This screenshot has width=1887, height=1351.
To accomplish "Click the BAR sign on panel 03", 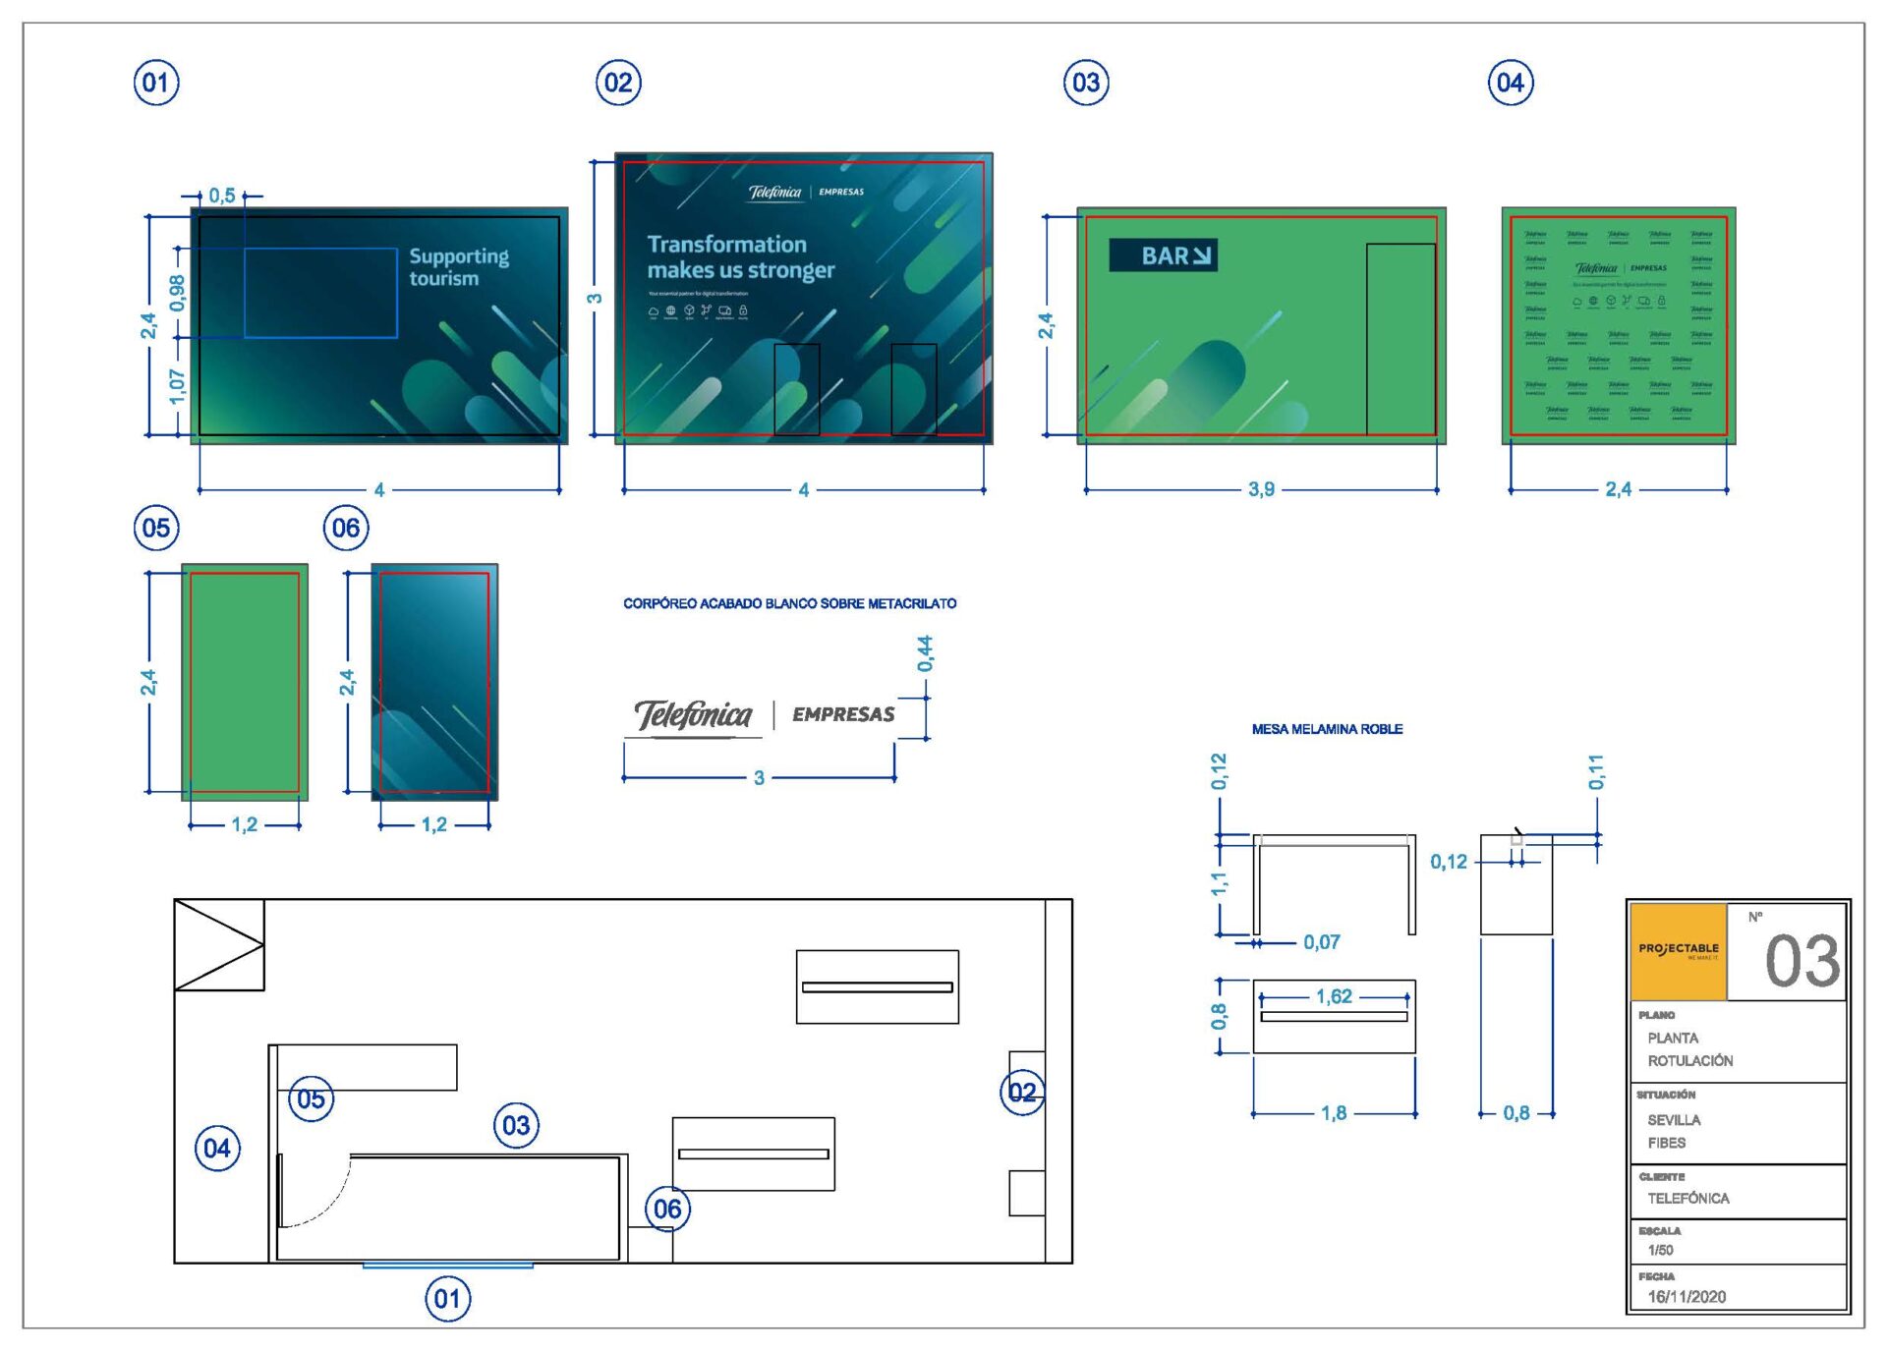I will point(1163,255).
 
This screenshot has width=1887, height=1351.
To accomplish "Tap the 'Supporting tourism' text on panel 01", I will point(458,267).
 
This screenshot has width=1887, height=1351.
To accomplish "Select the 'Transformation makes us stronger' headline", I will point(740,256).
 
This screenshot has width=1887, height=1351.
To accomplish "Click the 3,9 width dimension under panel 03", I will point(1261,489).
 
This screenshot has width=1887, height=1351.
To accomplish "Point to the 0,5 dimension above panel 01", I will point(222,196).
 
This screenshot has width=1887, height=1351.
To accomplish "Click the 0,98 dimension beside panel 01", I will point(177,293).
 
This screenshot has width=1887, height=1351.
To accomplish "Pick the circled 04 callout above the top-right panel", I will point(1510,83).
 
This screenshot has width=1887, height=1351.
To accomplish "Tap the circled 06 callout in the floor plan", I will point(667,1209).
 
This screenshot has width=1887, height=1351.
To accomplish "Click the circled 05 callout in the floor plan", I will point(311,1098).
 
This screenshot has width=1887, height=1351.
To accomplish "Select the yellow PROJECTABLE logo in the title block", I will point(1678,951).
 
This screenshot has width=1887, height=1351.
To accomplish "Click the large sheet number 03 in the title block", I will point(1801,961).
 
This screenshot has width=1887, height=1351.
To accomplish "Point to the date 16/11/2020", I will point(1687,1296).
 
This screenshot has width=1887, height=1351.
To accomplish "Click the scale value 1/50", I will point(1660,1250).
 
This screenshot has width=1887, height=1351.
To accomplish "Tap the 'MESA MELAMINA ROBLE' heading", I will point(1327,729).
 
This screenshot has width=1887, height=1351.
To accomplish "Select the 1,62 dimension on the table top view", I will point(1334,996).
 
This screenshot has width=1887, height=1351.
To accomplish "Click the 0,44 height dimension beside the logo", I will point(925,653).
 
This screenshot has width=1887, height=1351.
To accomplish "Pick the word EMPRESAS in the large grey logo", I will point(843,714).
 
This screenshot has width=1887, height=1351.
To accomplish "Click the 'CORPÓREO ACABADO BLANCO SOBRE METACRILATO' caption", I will point(789,603).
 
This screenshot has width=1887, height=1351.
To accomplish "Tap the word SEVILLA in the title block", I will point(1674,1120).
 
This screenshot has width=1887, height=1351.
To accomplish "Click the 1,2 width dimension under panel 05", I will point(244,824).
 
